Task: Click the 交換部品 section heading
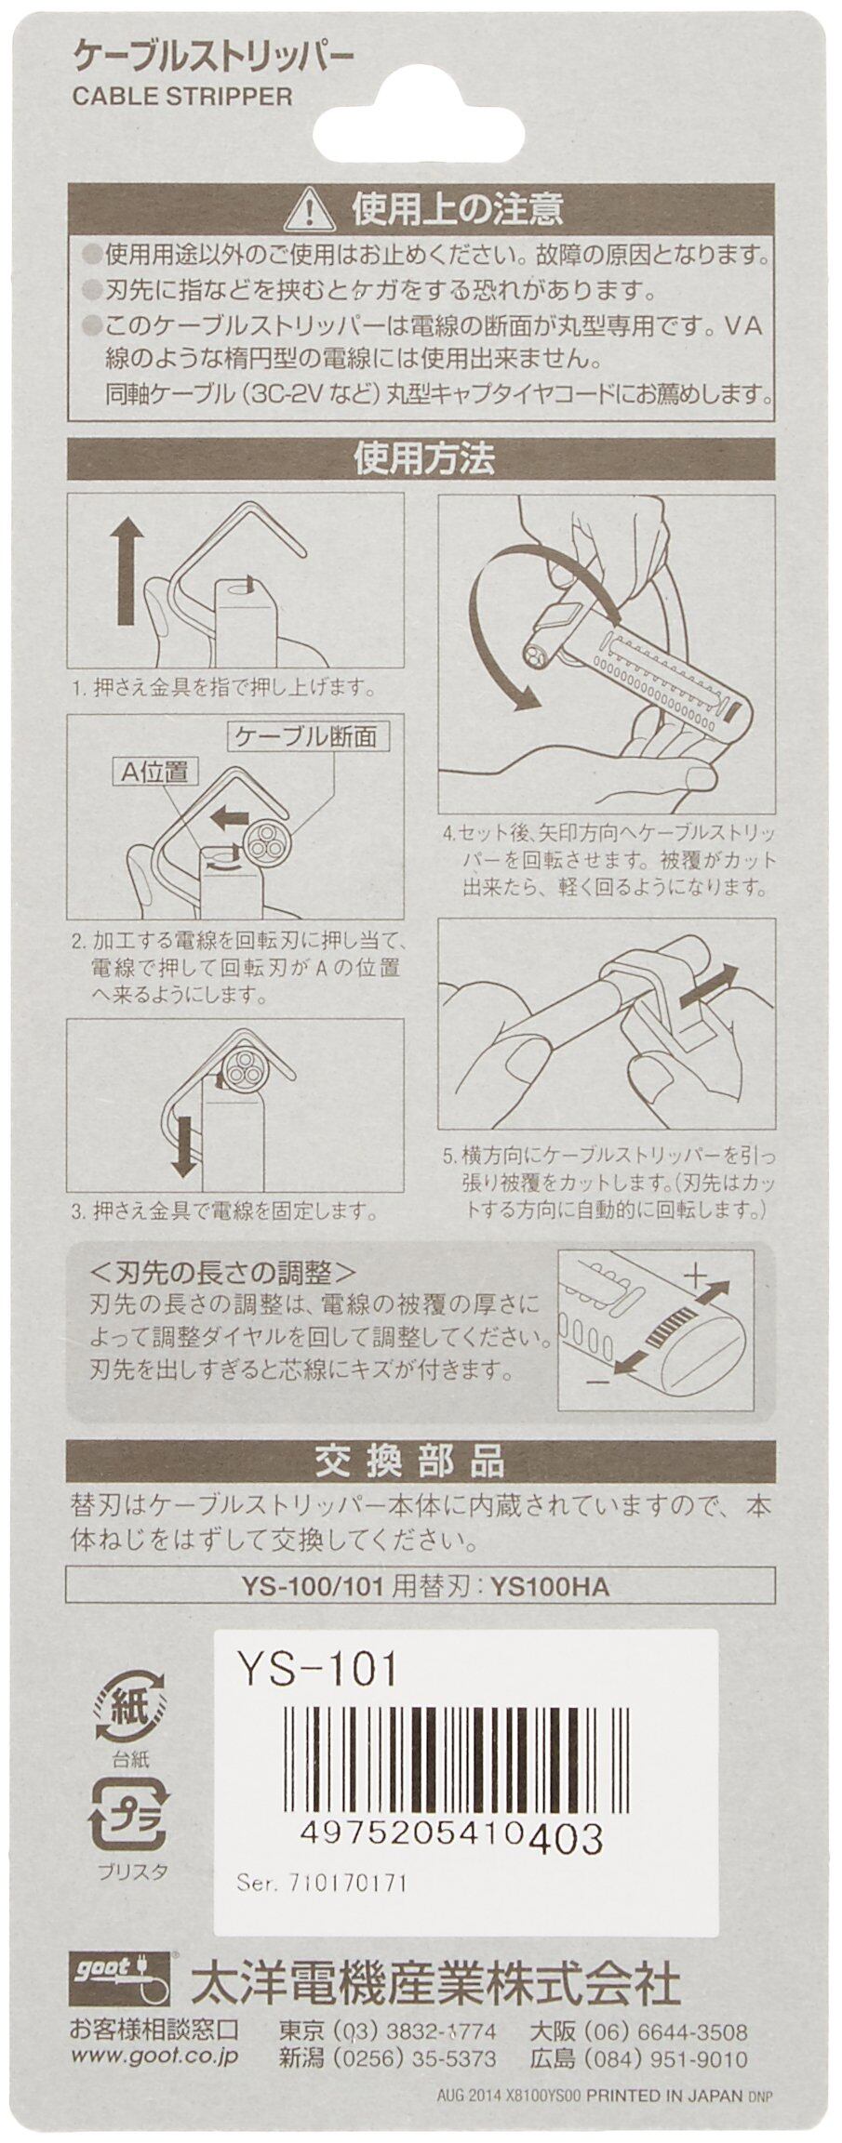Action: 421,1463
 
